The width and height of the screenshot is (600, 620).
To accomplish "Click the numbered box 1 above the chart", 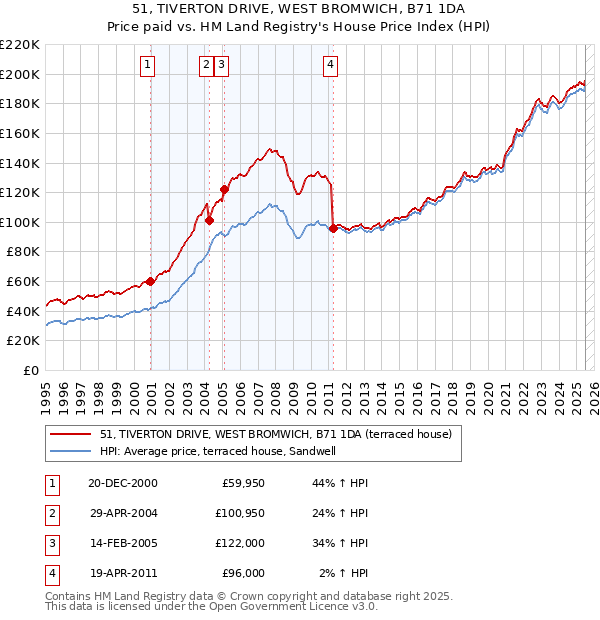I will (148, 66).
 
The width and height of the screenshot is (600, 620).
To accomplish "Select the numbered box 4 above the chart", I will (330, 66).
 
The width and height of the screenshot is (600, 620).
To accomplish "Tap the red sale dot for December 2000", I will (151, 281).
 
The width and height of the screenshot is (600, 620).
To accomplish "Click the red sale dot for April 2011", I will (333, 228).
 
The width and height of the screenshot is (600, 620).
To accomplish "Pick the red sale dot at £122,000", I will (224, 189).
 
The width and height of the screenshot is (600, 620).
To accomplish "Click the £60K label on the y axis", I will (23, 282).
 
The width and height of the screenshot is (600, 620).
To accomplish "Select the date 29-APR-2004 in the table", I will (123, 514).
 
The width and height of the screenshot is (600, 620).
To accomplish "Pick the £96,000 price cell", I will (242, 573).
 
